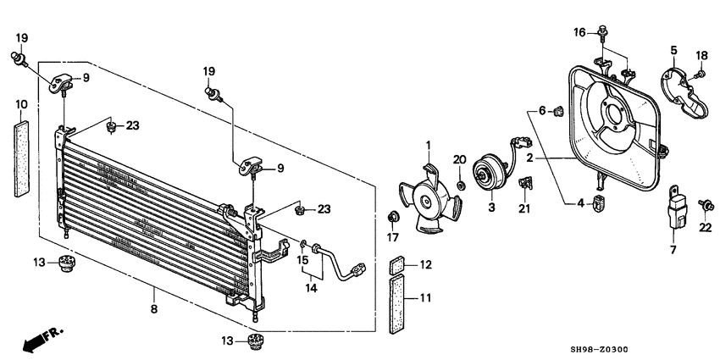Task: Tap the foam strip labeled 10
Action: pos(21,159)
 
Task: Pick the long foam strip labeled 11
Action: pos(397,303)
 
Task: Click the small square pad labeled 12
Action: pos(397,265)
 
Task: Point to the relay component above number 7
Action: pos(678,208)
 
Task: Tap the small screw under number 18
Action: pos(701,74)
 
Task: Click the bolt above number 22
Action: pos(706,205)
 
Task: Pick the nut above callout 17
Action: pos(392,217)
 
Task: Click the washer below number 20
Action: pos(460,185)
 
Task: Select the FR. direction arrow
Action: pos(43,339)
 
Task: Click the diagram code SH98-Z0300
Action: pos(599,350)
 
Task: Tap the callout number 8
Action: pos(154,308)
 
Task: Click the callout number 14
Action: pos(312,288)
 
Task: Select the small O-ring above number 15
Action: pos(303,242)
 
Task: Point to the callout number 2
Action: pos(529,158)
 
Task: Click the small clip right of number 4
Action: pos(597,202)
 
